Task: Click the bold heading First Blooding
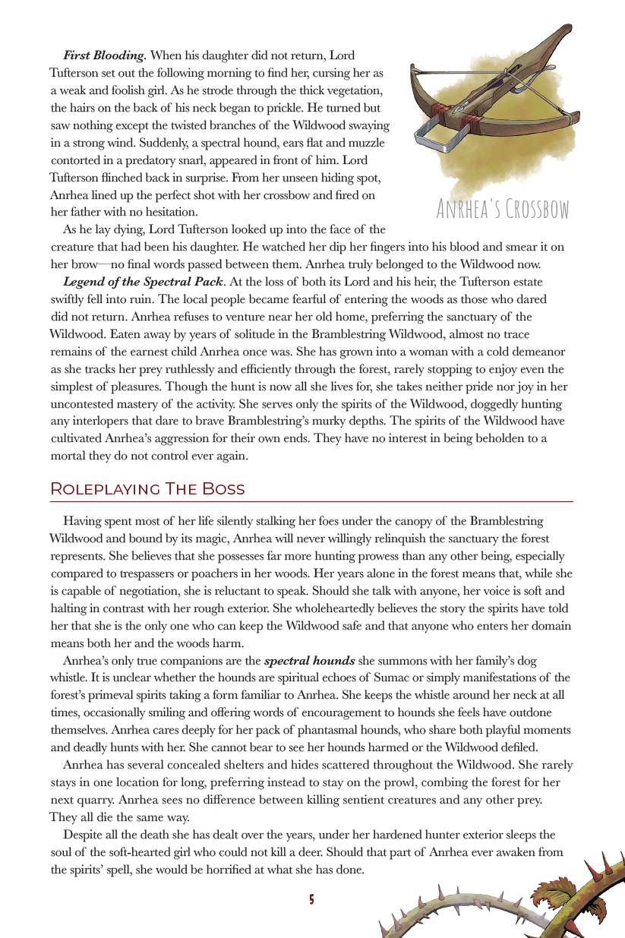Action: [105, 55]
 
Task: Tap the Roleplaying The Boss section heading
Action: [147, 488]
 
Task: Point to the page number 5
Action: [311, 900]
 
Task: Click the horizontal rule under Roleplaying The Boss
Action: [311, 502]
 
